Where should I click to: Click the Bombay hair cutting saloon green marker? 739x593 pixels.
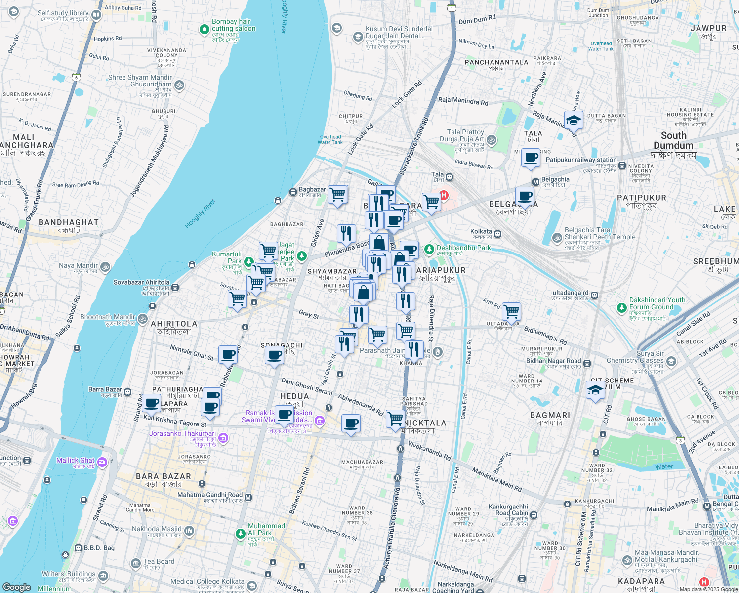point(204,30)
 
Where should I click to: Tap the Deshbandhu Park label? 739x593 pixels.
point(463,248)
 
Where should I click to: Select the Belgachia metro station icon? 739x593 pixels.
point(535,182)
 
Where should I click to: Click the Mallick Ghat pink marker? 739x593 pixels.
point(102,463)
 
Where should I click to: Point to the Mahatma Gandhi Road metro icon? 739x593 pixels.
point(248,498)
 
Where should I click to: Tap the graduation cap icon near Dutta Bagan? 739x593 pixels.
point(574,120)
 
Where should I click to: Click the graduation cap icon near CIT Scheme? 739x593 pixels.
point(595,390)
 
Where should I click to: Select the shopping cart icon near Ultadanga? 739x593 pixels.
point(511,312)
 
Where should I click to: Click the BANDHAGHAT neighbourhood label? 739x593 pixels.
point(69,222)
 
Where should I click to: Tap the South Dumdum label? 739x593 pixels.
point(673,140)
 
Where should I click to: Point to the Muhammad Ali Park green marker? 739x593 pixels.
point(241,533)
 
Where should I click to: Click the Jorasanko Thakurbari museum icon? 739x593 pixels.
point(223,438)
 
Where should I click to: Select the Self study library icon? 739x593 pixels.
point(96,15)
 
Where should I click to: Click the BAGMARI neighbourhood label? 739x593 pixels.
point(550,415)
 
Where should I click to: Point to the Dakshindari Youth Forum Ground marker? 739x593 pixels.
point(622,308)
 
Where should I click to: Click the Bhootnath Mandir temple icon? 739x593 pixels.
point(143,319)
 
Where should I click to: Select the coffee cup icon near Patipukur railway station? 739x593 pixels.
point(531,158)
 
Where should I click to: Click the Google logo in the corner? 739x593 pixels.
point(16,587)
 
